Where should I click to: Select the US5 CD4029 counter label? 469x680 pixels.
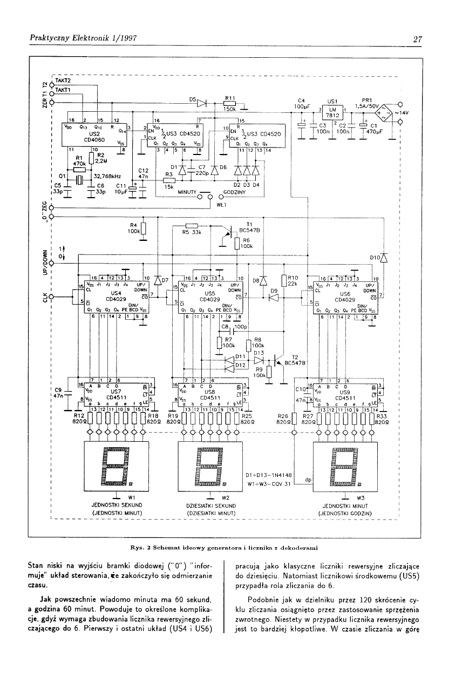[208, 294]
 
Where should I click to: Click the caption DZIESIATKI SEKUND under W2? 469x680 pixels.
[208, 505]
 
